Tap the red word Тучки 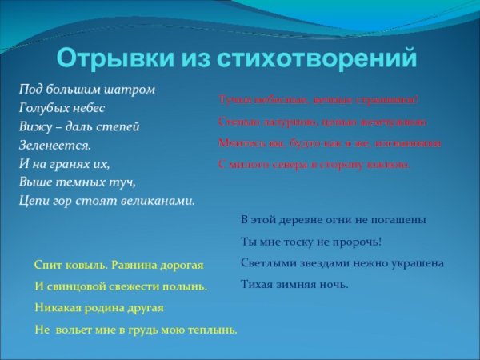[x=234, y=100]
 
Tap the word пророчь [x=355, y=241]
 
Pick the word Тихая [x=258, y=284]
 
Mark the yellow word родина [x=106, y=307]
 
